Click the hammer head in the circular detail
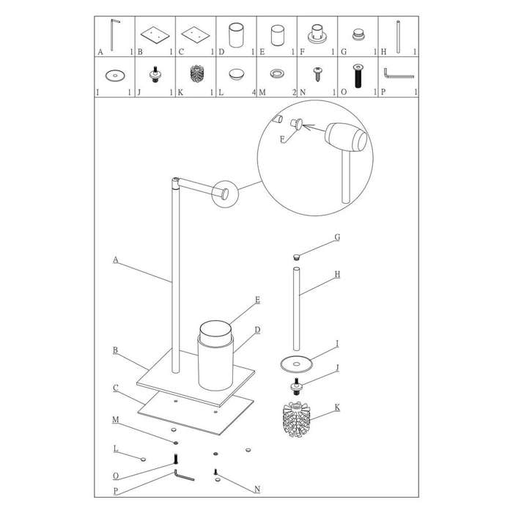coord(347,137)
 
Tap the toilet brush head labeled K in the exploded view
coord(296,420)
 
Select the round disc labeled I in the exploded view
coord(296,364)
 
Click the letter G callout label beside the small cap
coord(337,237)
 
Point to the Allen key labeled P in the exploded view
coord(184,476)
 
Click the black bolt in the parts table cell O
coord(358,75)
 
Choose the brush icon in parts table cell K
coord(196,73)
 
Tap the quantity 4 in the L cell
coord(254,92)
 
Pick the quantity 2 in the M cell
coord(294,92)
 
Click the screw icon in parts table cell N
coord(317,74)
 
